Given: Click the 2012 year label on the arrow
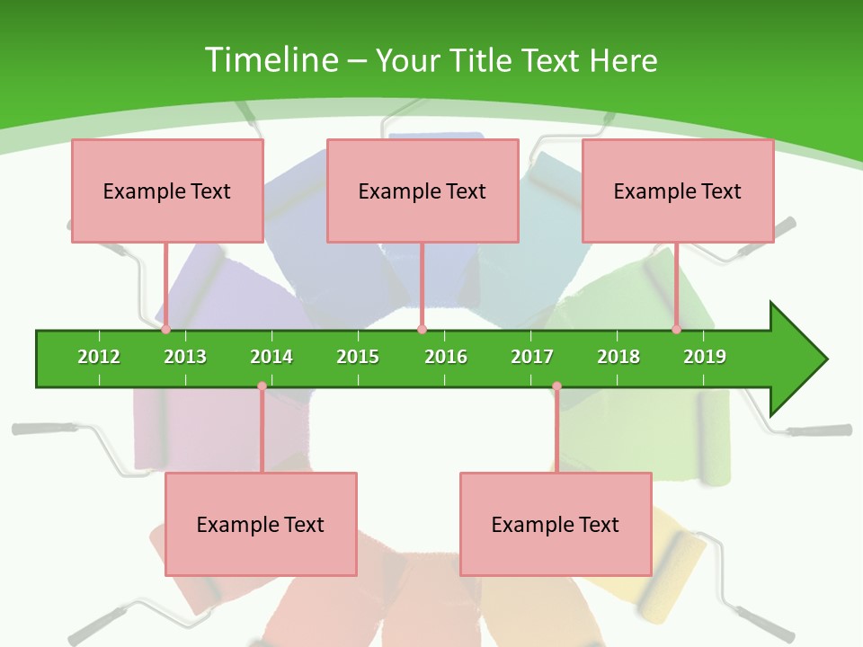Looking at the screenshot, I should pyautogui.click(x=99, y=357).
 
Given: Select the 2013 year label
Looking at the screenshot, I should pyautogui.click(x=185, y=357).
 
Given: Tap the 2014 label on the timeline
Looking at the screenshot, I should pyautogui.click(x=271, y=357).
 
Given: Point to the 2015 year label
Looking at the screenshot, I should pyautogui.click(x=358, y=357).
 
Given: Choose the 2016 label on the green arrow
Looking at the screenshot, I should pyautogui.click(x=446, y=357).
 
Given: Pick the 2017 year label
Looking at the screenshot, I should pyautogui.click(x=532, y=357).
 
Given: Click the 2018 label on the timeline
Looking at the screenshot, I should pyautogui.click(x=618, y=357).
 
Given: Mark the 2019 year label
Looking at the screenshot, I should pyautogui.click(x=705, y=357).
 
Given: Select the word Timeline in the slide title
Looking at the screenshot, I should pyautogui.click(x=271, y=60).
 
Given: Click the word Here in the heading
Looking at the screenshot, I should pyautogui.click(x=623, y=60).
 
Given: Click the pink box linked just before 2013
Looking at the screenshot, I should pyautogui.click(x=167, y=191).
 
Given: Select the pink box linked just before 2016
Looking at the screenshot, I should pyautogui.click(x=423, y=191).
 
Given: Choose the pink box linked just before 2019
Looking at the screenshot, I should pyautogui.click(x=678, y=191).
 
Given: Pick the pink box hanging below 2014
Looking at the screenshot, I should pyautogui.click(x=261, y=524).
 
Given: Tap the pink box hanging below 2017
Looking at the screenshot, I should pyautogui.click(x=556, y=524).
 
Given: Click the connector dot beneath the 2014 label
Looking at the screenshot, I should pyautogui.click(x=262, y=386).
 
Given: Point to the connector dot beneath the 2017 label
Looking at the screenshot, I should pyautogui.click(x=556, y=386).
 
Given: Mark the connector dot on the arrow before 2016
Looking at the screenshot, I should pyautogui.click(x=422, y=330).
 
